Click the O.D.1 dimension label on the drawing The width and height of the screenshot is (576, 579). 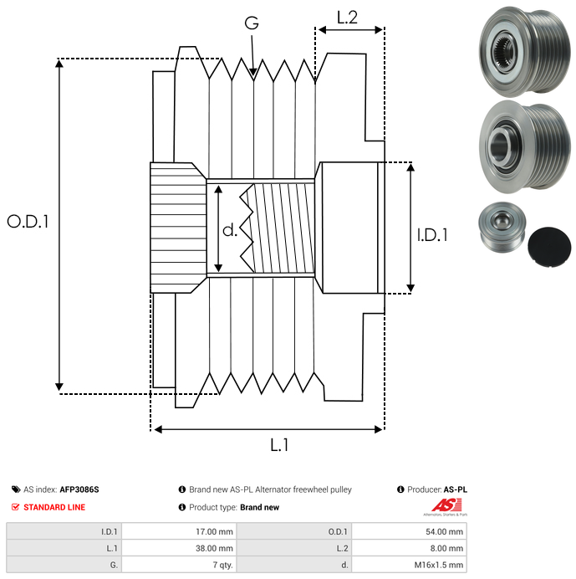pos(28,222)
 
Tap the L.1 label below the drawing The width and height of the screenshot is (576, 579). pos(279,445)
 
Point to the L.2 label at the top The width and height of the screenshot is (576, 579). pos(347,17)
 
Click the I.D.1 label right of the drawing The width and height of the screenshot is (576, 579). pos(432,235)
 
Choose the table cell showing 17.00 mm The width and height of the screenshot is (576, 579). pos(213,530)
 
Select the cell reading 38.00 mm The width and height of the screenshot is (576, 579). pos(213,547)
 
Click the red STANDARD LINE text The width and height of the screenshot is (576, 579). pos(54,507)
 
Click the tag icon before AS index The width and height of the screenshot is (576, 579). pos(16,489)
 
